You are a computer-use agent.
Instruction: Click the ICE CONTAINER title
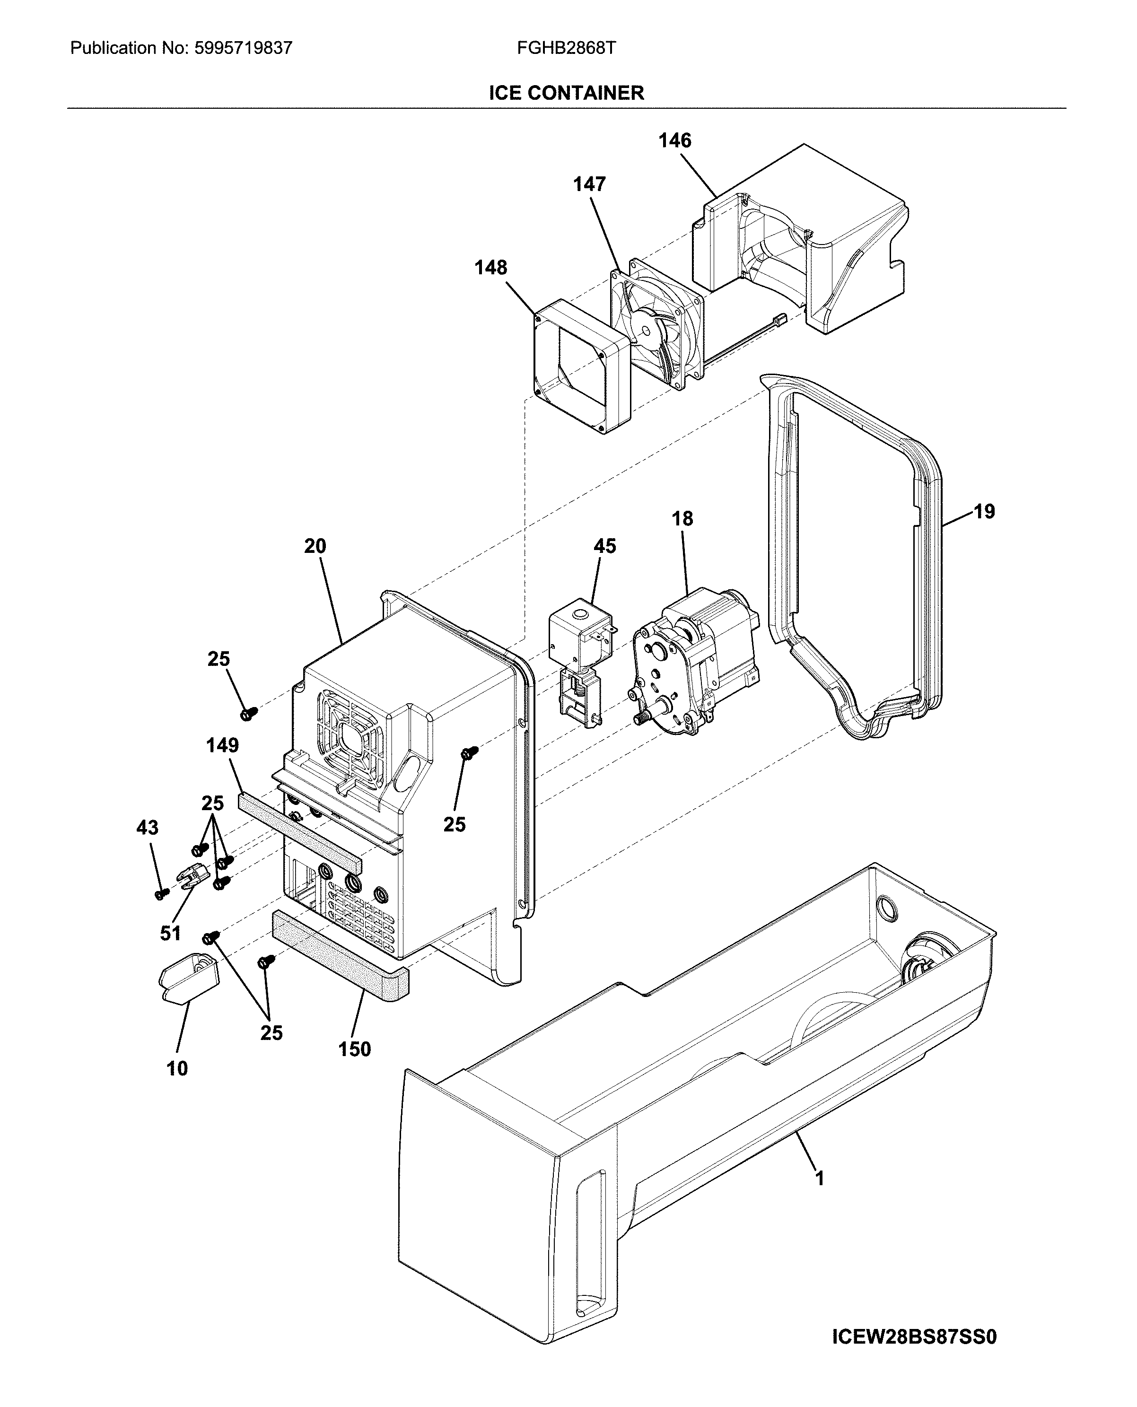pyautogui.click(x=567, y=93)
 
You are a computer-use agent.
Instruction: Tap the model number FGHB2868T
pyautogui.click(x=567, y=48)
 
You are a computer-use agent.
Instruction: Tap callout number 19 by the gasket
pyautogui.click(x=984, y=512)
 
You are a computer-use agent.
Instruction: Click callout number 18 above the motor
pyautogui.click(x=682, y=519)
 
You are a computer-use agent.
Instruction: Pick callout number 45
pyautogui.click(x=604, y=546)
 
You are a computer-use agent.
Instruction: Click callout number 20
pyautogui.click(x=315, y=546)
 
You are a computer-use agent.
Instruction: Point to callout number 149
pyautogui.click(x=222, y=745)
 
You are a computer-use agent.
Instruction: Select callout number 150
pyautogui.click(x=354, y=1049)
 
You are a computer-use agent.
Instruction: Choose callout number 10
pyautogui.click(x=177, y=1069)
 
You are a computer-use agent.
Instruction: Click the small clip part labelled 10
pyautogui.click(x=189, y=978)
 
